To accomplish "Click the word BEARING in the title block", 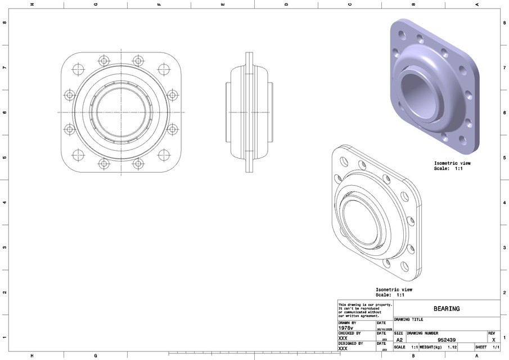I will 447,309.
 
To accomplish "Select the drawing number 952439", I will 447,340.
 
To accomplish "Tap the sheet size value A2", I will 399,340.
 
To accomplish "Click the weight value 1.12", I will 452,348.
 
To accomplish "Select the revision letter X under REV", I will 493,340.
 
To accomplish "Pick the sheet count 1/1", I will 496,348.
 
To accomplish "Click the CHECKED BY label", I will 349,333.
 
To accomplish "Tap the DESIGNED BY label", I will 350,343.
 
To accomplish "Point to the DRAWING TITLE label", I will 409,319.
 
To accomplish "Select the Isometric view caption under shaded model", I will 452,165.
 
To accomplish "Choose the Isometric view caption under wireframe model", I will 394,292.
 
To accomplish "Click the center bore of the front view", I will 121,112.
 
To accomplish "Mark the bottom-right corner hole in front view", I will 164,155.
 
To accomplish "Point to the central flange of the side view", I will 249,112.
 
